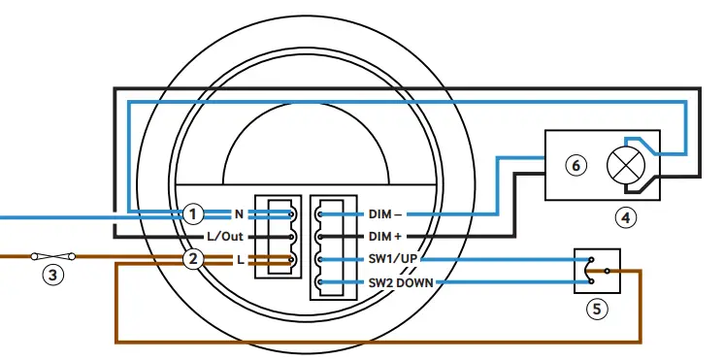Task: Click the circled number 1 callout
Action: (x=194, y=213)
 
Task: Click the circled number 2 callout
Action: (x=194, y=258)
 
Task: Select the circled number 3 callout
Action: (x=54, y=276)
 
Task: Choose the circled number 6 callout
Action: (x=576, y=166)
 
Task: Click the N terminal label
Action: (x=239, y=213)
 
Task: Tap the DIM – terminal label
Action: (x=388, y=213)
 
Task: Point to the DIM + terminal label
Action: (x=388, y=236)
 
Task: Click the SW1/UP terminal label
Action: (x=393, y=259)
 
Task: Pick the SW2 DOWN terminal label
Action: (x=400, y=282)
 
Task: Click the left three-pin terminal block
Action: (x=277, y=236)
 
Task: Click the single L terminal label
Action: (x=240, y=259)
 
